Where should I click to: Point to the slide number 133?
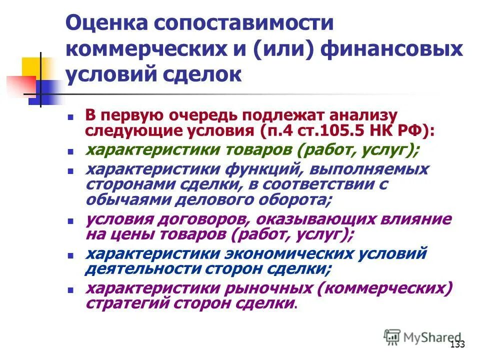tap(457, 344)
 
